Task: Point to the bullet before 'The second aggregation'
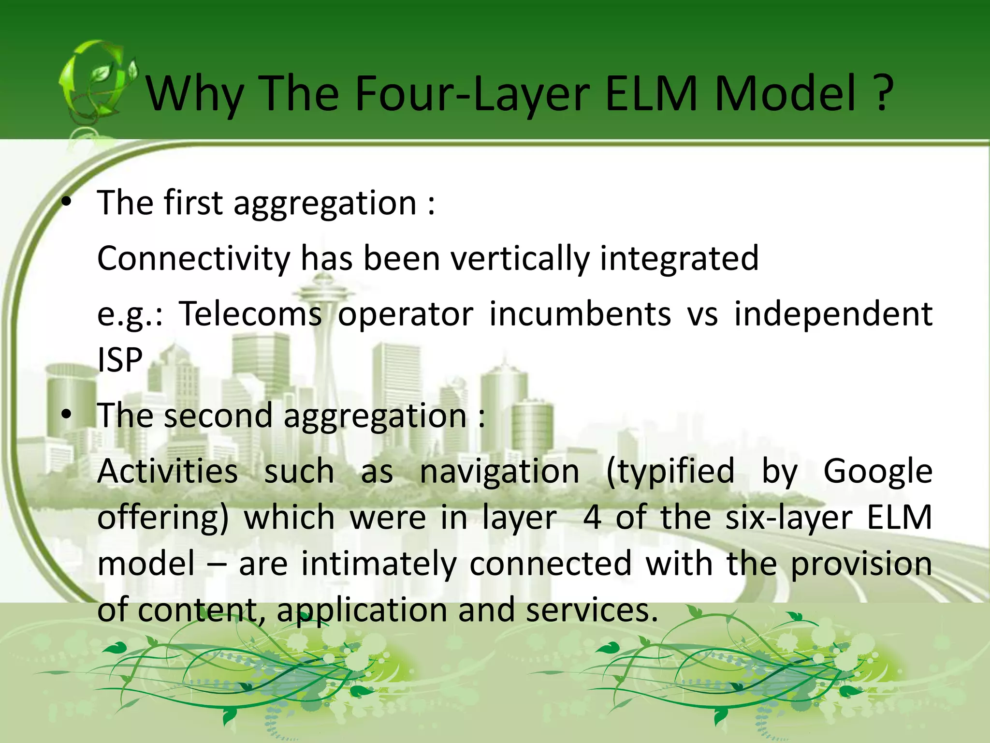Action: [x=67, y=415]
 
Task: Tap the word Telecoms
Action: [x=250, y=313]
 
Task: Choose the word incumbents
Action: [x=580, y=313]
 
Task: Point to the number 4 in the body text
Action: [x=592, y=518]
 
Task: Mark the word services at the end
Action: [x=592, y=609]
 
